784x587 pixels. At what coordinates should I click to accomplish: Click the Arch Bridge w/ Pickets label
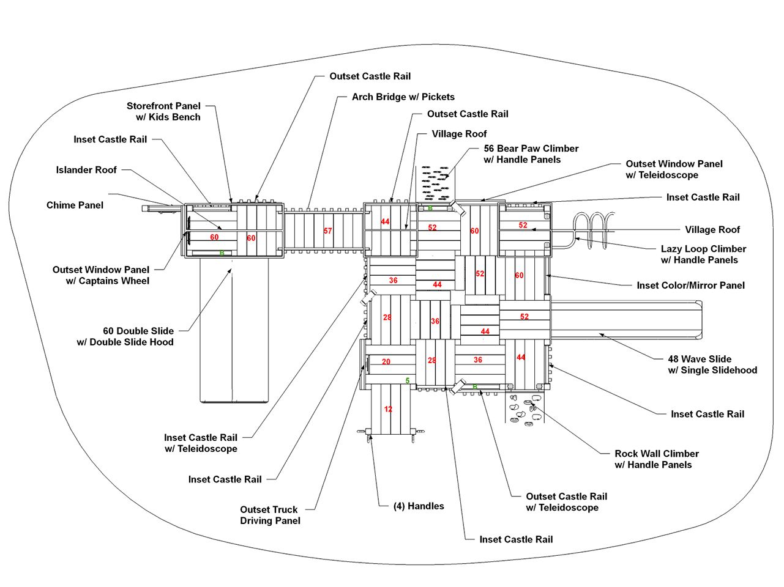[x=403, y=97]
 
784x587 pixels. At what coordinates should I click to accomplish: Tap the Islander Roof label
[x=86, y=170]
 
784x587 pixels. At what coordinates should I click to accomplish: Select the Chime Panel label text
[x=75, y=205]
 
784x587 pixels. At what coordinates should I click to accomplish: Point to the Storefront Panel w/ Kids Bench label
[x=163, y=111]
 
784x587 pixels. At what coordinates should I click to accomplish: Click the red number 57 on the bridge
[x=328, y=231]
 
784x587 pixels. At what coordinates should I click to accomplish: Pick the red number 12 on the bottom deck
[x=388, y=409]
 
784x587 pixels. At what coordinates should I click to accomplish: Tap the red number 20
[x=386, y=362]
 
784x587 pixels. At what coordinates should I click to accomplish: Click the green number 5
[x=408, y=380]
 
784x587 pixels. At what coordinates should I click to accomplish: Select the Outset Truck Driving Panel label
[x=269, y=515]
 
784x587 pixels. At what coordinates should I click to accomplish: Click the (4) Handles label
[x=419, y=506]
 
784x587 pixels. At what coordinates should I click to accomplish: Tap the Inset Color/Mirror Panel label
[x=690, y=285]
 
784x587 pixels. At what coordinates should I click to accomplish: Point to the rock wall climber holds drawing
[x=524, y=409]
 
